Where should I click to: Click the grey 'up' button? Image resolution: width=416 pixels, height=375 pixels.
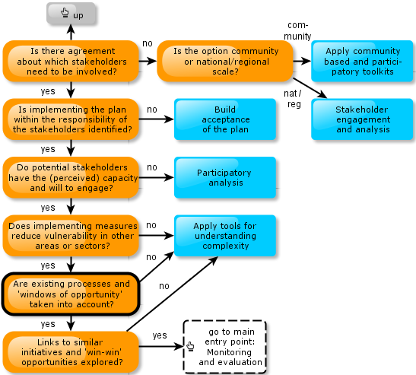[71, 14]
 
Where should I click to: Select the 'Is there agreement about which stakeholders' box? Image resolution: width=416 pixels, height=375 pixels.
[71, 61]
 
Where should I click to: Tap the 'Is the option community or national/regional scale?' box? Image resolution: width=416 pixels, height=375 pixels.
[225, 61]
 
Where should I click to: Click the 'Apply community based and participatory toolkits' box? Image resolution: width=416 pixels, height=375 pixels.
[362, 61]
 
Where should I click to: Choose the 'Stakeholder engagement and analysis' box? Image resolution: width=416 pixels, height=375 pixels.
[362, 119]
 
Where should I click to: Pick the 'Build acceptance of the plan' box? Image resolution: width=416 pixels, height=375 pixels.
[225, 119]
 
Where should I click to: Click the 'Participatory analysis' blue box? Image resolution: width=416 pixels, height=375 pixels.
[225, 177]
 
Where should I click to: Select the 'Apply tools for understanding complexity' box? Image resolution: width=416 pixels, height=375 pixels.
[225, 235]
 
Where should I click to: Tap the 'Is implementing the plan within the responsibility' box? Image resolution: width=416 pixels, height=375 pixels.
[71, 119]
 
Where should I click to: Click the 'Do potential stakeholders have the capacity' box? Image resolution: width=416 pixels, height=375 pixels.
[71, 177]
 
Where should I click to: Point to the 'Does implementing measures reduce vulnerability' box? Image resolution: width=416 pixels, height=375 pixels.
[71, 235]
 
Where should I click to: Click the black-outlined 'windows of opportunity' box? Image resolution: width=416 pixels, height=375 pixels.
[71, 294]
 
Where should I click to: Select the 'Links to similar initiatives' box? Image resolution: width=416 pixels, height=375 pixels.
[71, 352]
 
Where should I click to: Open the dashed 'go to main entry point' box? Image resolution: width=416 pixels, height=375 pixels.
[224, 347]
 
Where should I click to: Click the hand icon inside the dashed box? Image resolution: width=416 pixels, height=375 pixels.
[190, 346]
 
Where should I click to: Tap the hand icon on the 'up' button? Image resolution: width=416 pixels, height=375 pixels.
[65, 12]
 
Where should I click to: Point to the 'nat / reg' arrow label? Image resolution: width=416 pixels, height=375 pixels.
[293, 98]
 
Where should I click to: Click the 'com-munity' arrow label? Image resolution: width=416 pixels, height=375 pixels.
[297, 30]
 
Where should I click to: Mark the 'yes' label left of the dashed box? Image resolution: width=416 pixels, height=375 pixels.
[160, 335]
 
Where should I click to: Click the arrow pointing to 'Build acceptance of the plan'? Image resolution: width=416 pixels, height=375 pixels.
[156, 119]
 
